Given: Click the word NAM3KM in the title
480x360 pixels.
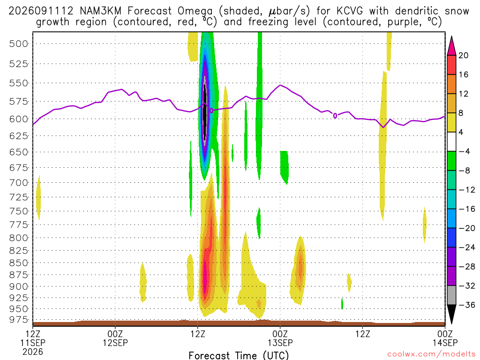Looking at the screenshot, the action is point(100,11).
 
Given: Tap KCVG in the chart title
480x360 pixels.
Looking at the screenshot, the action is point(350,11).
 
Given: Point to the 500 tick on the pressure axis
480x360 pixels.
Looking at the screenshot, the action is point(18,44).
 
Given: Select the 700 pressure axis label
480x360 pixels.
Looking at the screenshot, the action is point(18,183).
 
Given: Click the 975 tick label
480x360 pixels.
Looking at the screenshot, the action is point(18,319).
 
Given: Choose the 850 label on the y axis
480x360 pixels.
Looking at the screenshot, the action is point(18,262).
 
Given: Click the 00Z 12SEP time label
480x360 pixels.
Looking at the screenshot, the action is point(115,338).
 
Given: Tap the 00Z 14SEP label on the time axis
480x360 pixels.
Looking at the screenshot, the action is point(445,338).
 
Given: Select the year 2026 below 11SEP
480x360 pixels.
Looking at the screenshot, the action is point(33,352).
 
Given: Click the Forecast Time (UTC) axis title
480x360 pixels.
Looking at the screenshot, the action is point(239,355).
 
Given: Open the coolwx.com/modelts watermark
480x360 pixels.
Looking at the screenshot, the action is point(431,354).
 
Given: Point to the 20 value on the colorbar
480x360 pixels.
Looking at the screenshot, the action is point(464,55).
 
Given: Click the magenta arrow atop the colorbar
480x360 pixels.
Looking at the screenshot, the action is point(451,46).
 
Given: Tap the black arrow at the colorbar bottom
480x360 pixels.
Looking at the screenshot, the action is point(451,314).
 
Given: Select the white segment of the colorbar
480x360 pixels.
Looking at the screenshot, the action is point(451,142).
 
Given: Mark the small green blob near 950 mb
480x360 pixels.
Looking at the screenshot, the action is point(342,303).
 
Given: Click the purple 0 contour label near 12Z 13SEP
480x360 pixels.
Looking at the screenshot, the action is point(335,116).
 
